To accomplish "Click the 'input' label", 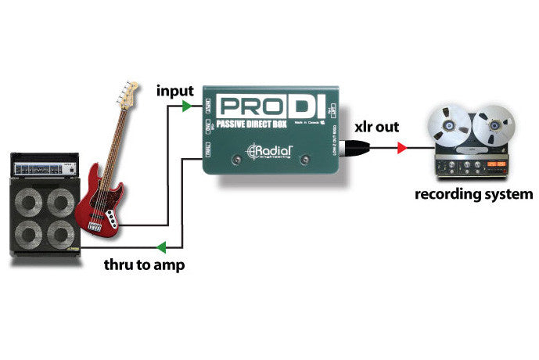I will click(175, 91).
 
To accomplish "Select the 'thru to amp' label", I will click(145, 265).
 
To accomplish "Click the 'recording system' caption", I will click(473, 193).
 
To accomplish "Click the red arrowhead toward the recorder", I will click(402, 146).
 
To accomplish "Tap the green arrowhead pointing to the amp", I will click(160, 247).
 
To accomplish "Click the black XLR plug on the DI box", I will click(357, 146).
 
